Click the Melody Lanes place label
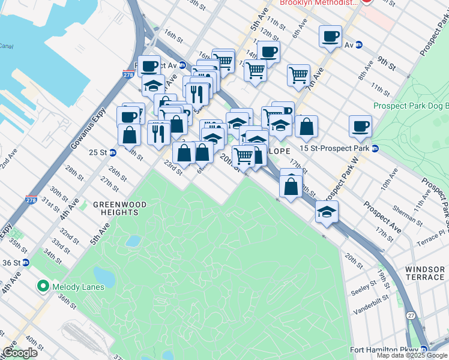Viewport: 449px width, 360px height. point(78,287)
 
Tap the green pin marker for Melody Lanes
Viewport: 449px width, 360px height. point(43,286)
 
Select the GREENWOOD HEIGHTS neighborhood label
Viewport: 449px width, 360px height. point(120,208)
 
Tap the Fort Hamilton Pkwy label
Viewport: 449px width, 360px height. point(384,350)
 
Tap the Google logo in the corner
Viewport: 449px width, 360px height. point(20,353)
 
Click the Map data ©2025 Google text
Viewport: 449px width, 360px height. point(412,355)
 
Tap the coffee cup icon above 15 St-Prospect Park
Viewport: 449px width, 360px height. point(360,127)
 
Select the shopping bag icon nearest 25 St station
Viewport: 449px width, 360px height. point(129,135)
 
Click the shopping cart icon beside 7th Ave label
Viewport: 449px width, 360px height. point(298,75)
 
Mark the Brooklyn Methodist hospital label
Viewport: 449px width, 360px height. point(318,3)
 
